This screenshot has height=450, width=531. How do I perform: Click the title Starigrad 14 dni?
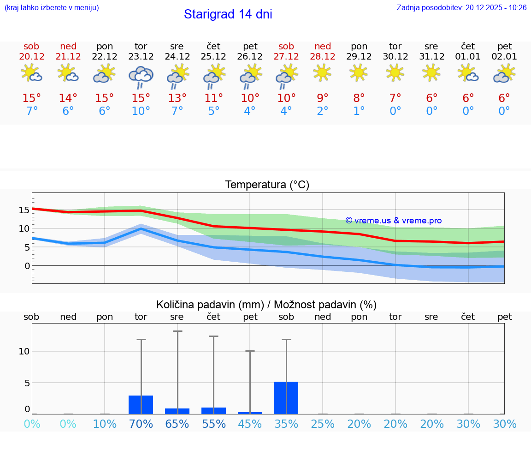[228, 14]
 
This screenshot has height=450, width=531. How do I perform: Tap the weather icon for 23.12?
[141, 76]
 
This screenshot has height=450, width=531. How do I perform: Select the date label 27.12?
[286, 57]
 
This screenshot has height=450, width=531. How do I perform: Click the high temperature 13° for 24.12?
[177, 98]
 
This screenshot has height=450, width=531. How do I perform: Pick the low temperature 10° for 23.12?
[141, 111]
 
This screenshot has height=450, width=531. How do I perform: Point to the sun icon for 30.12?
[395, 72]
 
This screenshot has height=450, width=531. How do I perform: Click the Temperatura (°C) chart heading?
[267, 185]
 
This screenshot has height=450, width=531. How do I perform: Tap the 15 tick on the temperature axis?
[24, 210]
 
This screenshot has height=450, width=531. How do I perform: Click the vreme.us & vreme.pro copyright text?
[394, 221]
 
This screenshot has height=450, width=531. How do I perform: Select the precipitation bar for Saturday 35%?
[286, 398]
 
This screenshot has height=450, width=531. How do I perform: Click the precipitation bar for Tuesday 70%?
[141, 405]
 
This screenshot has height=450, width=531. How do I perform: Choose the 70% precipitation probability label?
[141, 424]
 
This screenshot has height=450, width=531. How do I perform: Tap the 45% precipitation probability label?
[250, 424]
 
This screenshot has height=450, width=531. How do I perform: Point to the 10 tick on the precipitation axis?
[24, 351]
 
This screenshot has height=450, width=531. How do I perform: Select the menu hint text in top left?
[52, 8]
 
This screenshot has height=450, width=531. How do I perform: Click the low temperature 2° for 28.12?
[323, 111]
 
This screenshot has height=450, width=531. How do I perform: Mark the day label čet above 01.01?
[468, 46]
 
